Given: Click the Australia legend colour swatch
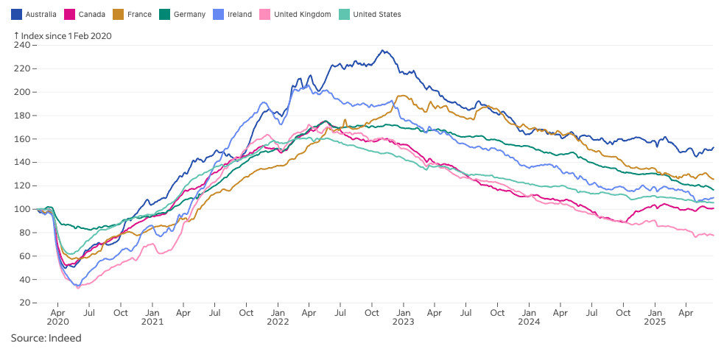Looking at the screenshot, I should pos(16,14).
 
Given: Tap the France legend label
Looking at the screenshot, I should pos(139,14).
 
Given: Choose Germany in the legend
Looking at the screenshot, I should pos(189,14).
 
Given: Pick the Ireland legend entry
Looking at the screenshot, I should pos(239,14).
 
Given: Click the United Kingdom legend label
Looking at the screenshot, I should pos(301,14).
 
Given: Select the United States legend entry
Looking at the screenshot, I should pos(376,14).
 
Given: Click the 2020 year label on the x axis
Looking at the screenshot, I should pos(57,322).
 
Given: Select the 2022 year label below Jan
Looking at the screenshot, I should pos(278,322).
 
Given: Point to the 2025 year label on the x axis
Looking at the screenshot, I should pos(654,322).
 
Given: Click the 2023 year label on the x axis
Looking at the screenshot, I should pos(403,322).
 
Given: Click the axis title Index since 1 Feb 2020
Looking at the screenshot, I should pos(66,35).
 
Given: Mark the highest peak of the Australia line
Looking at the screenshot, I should pos(383,50).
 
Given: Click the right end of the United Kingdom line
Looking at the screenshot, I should pos(713,235).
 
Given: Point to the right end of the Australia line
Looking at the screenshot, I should pos(713,147).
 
